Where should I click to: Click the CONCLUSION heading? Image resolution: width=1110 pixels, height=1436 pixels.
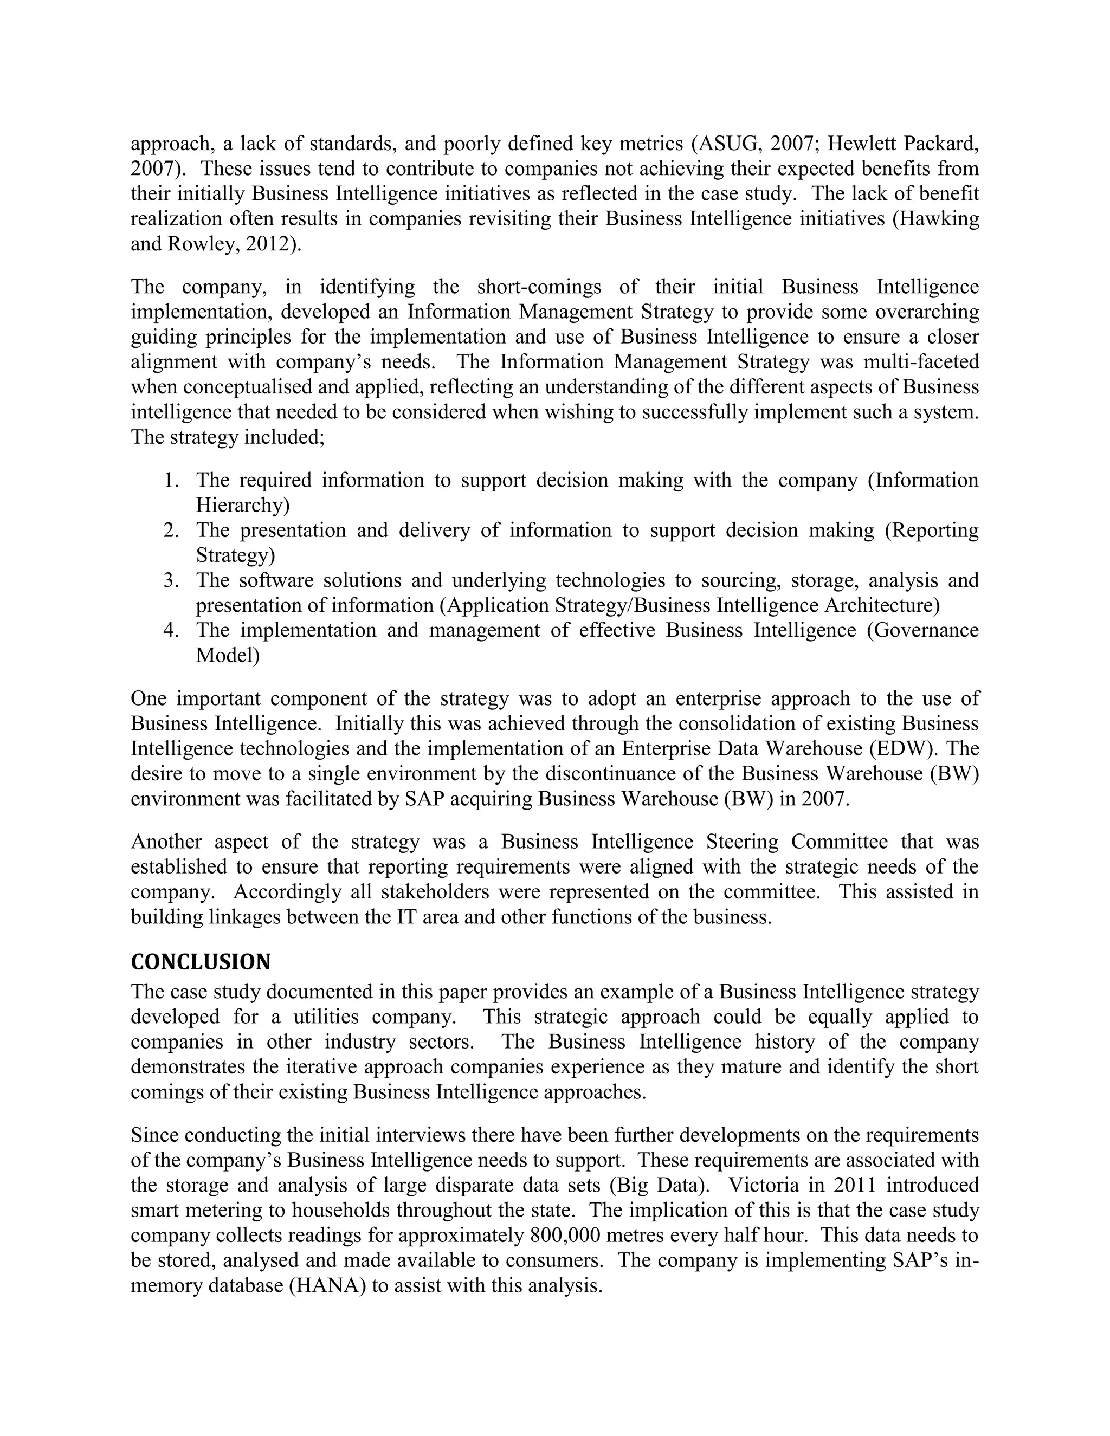click(201, 962)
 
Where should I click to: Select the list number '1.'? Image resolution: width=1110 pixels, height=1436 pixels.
click(172, 481)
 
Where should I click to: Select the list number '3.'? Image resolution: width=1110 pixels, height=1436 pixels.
click(172, 580)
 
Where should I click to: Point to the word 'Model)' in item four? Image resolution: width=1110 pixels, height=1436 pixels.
click(228, 656)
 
